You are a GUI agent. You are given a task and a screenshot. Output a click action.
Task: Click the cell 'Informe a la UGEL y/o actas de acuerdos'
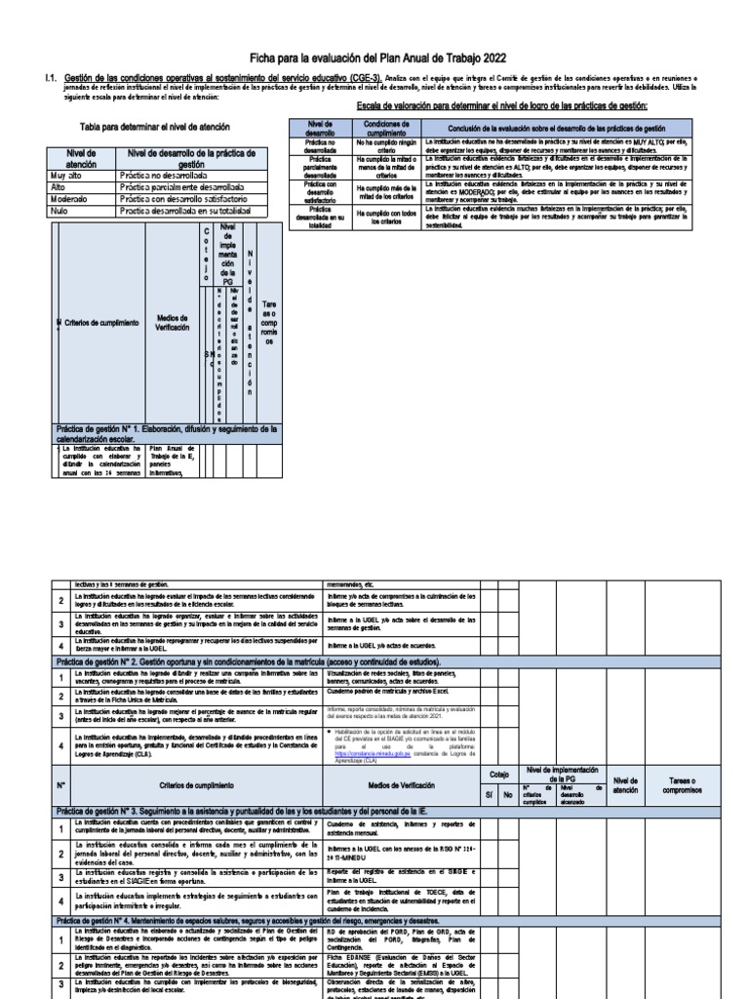[x=389, y=646]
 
